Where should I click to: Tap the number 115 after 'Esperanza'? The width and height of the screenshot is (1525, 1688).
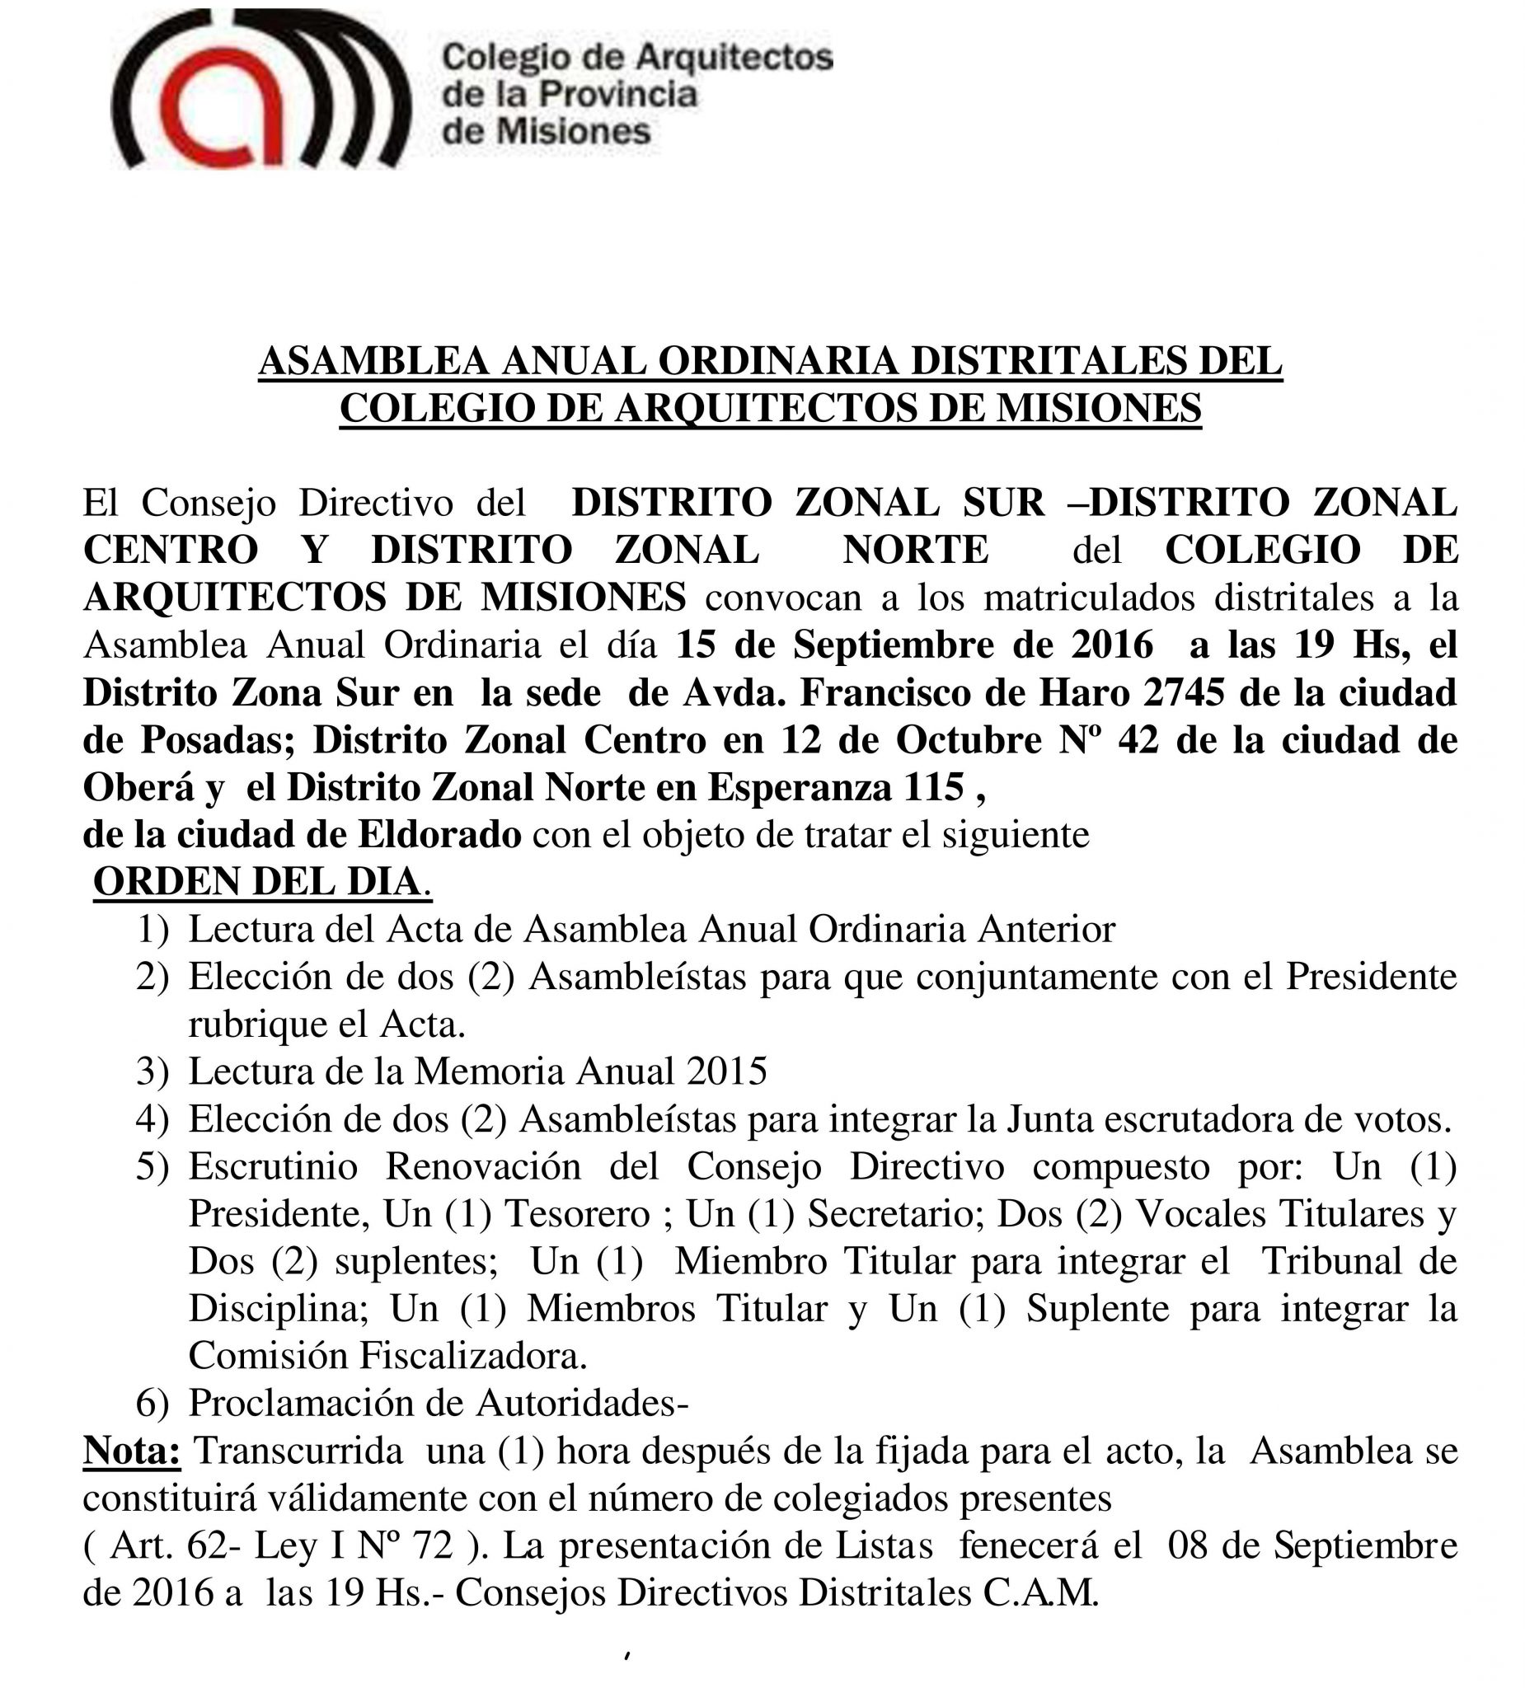932,787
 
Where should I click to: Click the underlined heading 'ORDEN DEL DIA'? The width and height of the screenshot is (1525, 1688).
256,882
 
